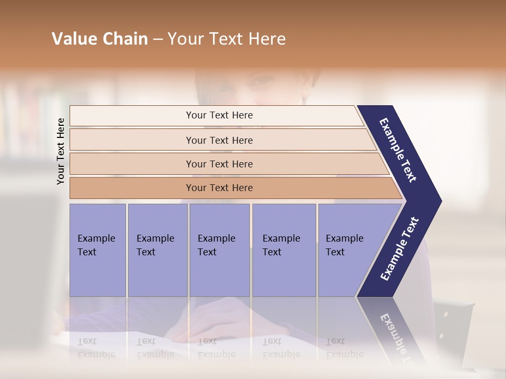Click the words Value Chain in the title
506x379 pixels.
100,39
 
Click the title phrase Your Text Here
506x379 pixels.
227,39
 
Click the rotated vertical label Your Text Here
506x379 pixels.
61,151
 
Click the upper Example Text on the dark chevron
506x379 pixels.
398,150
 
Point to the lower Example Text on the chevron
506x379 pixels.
400,248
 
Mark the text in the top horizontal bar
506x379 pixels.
219,115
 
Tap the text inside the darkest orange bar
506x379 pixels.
219,188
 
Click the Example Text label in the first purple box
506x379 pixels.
96,245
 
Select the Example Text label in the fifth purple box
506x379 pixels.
344,245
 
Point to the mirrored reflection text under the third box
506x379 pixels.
216,348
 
